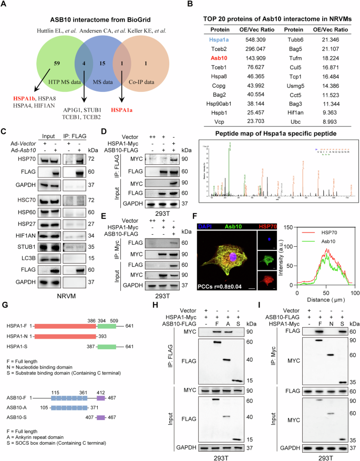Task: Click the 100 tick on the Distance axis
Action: (353, 292)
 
